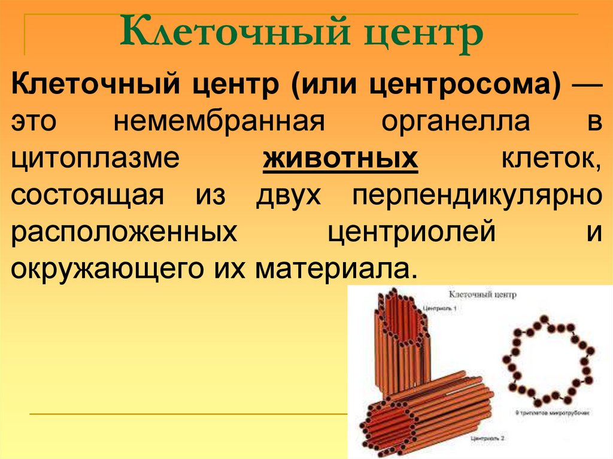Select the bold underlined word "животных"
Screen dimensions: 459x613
(340, 159)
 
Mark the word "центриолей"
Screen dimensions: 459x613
(412, 232)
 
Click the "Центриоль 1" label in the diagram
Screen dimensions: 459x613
(439, 309)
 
